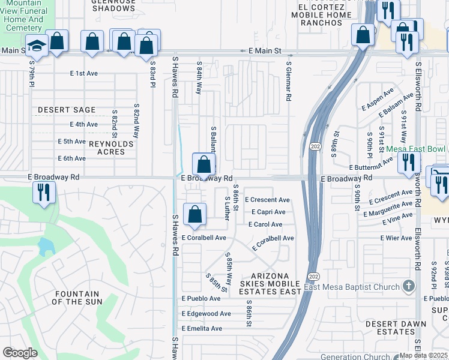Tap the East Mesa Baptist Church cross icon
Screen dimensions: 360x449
408,286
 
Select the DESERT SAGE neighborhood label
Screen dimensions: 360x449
66,110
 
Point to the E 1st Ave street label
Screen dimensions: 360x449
83,73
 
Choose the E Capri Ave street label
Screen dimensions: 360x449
268,212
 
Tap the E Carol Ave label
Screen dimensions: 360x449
265,224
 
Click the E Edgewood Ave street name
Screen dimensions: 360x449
206,314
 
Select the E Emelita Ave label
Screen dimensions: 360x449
202,328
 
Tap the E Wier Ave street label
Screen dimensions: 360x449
396,238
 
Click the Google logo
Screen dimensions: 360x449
20,353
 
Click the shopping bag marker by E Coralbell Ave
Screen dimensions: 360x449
195,215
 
